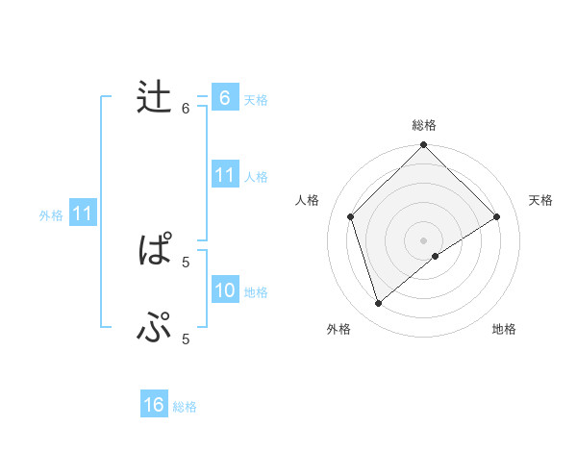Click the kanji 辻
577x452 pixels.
tap(154, 98)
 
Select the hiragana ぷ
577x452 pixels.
tap(154, 330)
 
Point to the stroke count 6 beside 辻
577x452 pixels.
tap(186, 109)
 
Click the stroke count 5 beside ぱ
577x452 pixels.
tap(186, 261)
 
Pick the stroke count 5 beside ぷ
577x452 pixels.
tap(186, 339)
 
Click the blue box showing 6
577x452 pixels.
tap(224, 98)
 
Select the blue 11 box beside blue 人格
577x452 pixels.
tap(224, 175)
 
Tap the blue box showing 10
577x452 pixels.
tap(224, 290)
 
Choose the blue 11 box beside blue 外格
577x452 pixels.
tap(82, 213)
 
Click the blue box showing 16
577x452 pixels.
tap(154, 405)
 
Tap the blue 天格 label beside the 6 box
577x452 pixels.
tap(256, 99)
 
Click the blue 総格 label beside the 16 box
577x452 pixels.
tap(185, 407)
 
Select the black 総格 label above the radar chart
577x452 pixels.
tap(424, 125)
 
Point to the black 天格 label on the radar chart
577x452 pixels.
tap(541, 200)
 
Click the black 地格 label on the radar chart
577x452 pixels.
tap(504, 329)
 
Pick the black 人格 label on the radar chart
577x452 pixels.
tap(308, 200)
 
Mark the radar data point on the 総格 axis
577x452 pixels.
tap(424, 146)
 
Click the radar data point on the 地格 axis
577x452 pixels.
tap(436, 256)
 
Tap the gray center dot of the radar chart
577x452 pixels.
tap(424, 239)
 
